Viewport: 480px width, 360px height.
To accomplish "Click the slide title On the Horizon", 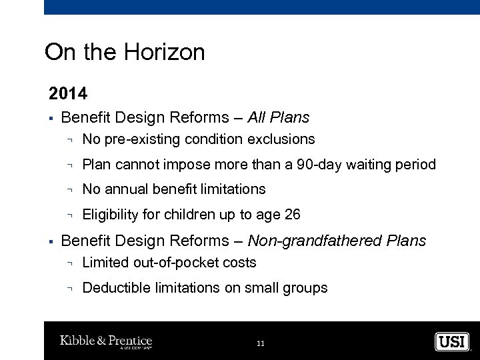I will (x=125, y=52).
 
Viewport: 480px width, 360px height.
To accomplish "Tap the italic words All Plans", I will (x=278, y=118).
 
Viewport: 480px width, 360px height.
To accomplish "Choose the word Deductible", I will (x=111, y=288).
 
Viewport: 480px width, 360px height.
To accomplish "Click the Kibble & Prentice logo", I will (x=106, y=341).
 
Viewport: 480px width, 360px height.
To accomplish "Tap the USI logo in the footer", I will (x=452, y=341).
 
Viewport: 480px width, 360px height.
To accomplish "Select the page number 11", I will (x=260, y=343).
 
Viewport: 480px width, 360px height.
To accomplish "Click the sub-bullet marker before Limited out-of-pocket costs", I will (x=70, y=263).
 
